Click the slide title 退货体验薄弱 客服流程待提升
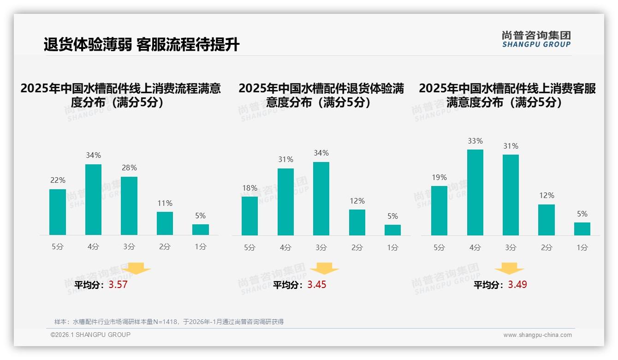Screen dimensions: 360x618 [141, 45]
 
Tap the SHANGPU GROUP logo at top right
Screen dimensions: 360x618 [536, 39]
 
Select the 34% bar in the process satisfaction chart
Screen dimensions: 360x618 [93, 199]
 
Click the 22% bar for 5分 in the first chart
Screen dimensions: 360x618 [58, 212]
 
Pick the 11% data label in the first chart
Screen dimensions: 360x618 [165, 203]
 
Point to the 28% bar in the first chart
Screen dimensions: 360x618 [129, 206]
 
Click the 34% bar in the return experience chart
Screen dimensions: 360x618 [321, 198]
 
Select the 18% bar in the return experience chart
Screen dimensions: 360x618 [250, 216]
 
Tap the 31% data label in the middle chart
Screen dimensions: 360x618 [285, 159]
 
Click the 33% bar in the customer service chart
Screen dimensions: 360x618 [475, 192]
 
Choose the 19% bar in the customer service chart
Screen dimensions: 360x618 [439, 210]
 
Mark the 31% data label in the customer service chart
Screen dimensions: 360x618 [511, 146]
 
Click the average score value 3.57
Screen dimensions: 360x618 [118, 284]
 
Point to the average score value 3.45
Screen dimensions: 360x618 [317, 284]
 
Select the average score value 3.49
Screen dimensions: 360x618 [517, 284]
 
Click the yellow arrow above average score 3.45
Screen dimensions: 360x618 [324, 269]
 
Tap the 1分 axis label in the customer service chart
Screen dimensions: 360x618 [582, 248]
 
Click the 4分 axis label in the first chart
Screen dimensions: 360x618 [93, 247]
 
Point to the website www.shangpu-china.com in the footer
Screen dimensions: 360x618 [537, 335]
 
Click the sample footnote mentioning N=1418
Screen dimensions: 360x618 [169, 322]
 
